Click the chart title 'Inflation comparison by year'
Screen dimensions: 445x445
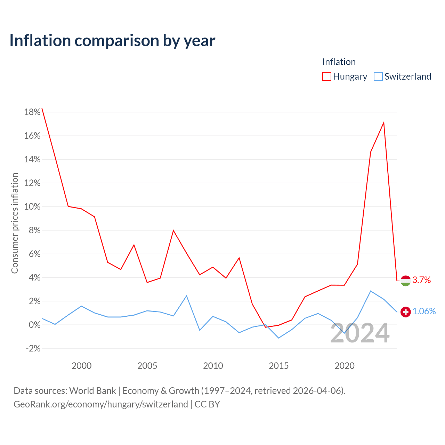[x=112, y=41]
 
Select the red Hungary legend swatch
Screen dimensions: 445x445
[x=326, y=76]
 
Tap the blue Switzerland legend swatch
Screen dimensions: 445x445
[x=378, y=76]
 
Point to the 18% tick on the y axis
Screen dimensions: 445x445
[x=32, y=112]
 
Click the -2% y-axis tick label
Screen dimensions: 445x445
[x=33, y=348]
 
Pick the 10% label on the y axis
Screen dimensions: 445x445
[x=32, y=207]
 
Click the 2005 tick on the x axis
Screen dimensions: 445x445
[x=147, y=366]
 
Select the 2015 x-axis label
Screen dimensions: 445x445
[x=279, y=366]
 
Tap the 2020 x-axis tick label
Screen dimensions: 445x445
[x=345, y=366]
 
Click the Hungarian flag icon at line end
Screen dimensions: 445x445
[x=405, y=281]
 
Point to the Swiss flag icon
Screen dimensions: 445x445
[x=405, y=312]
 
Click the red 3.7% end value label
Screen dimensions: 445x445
[x=421, y=280]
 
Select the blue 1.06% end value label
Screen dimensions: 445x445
[x=424, y=311]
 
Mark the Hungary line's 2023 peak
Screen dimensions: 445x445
[x=384, y=122]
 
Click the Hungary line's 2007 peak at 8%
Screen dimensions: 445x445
[x=173, y=230]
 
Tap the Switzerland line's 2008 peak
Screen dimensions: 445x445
[x=187, y=296]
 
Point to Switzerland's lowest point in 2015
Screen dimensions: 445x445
[x=279, y=338]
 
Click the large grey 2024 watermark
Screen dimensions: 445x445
[x=360, y=333]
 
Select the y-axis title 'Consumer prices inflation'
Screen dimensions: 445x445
[x=15, y=223]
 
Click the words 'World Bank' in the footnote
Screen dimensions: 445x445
[x=92, y=391]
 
